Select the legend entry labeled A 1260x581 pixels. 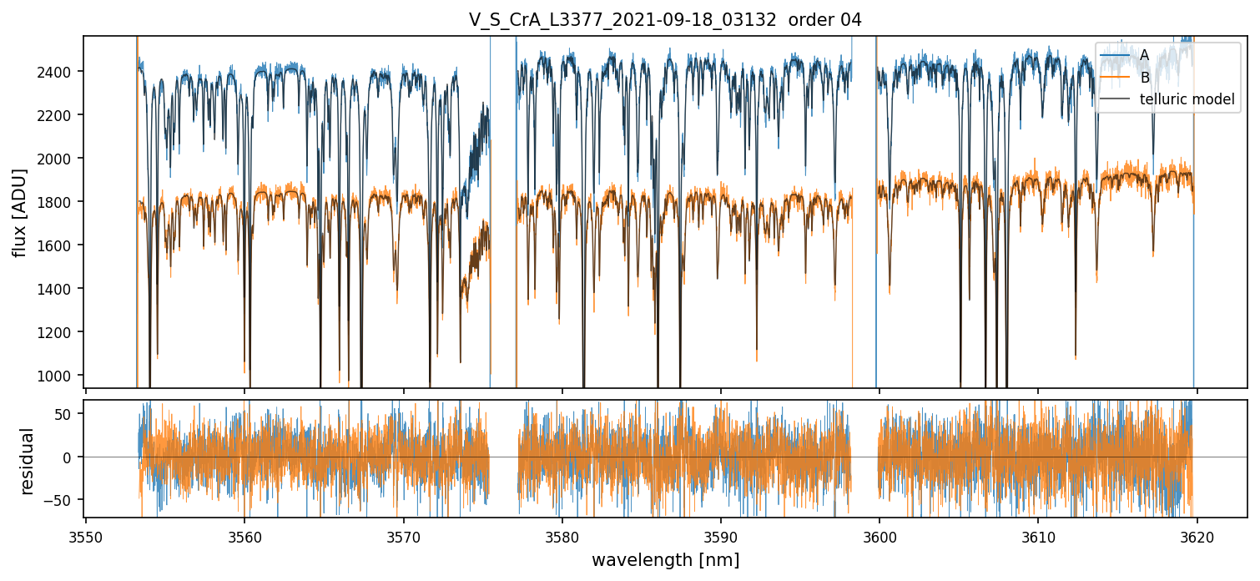pyautogui.click(x=1144, y=55)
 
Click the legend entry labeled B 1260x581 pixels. pyautogui.click(x=1144, y=78)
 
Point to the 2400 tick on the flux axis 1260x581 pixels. pyautogui.click(x=61, y=72)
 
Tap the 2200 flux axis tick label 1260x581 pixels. pyautogui.click(x=61, y=115)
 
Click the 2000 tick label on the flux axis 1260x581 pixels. pyautogui.click(x=61, y=159)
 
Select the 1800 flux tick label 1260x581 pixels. pyautogui.click(x=61, y=202)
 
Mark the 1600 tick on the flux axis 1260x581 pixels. pyautogui.click(x=61, y=245)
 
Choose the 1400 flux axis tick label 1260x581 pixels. pyautogui.click(x=61, y=289)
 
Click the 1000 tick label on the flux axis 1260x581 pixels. pyautogui.click(x=61, y=376)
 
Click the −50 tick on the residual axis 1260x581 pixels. pyautogui.click(x=63, y=500)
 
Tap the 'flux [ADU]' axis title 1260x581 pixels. pyautogui.click(x=20, y=212)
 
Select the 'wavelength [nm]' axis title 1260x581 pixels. pyautogui.click(x=665, y=559)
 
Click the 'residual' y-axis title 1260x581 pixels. pyautogui.click(x=28, y=461)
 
